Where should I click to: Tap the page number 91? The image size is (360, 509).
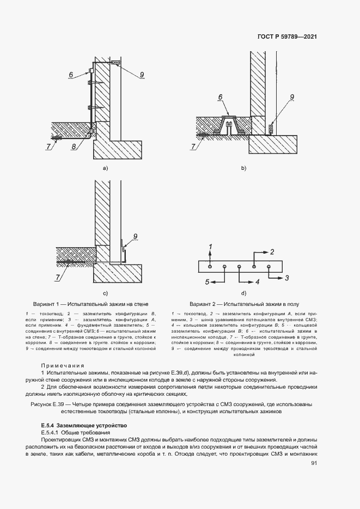(x=314, y=463)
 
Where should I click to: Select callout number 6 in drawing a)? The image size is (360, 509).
(x=71, y=75)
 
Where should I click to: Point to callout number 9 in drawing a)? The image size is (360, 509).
(x=142, y=75)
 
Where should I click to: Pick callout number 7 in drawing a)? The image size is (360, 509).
(x=48, y=146)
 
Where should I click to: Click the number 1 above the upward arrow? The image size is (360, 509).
(x=210, y=248)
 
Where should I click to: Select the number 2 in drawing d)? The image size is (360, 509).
(x=272, y=252)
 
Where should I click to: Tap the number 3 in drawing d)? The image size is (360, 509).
(x=286, y=278)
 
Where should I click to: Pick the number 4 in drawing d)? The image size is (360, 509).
(x=258, y=282)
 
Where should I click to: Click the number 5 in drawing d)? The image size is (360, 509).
(x=207, y=282)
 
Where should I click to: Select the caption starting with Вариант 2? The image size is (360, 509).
(x=243, y=304)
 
